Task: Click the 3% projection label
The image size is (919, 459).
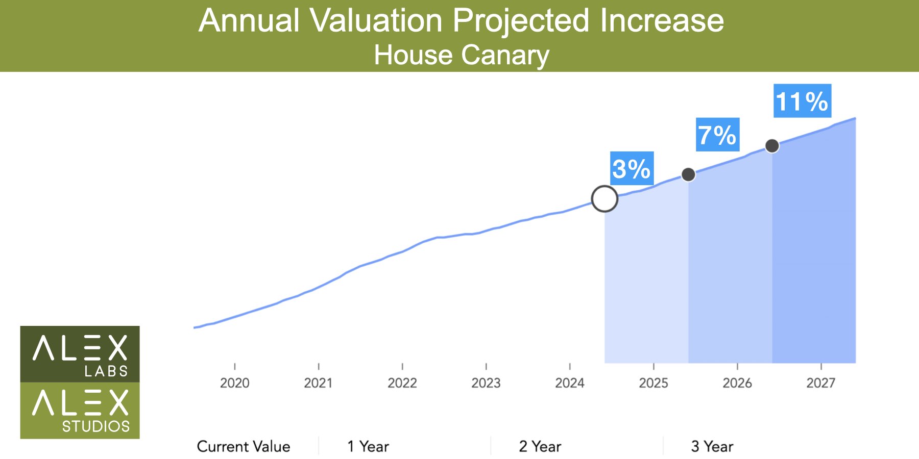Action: (632, 168)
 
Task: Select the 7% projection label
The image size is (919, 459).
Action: (717, 135)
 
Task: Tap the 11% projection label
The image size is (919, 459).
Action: (802, 101)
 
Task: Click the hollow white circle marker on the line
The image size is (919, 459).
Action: (604, 199)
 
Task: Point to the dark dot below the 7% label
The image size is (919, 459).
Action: (688, 174)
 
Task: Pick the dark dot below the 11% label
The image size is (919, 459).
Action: (772, 146)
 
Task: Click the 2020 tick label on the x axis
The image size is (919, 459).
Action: (235, 383)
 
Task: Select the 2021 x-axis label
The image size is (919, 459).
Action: (318, 383)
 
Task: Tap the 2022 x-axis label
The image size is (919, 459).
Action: (402, 383)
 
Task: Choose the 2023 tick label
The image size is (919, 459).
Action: (486, 383)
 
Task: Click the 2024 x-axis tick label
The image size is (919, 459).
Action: (570, 383)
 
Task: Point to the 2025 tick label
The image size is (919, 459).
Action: (654, 383)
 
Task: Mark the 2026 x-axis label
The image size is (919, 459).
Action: (737, 383)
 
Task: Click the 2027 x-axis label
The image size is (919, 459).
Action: (821, 383)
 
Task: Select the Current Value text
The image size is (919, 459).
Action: (244, 447)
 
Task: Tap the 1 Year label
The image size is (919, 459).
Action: (368, 447)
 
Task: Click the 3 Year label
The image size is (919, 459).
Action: (712, 447)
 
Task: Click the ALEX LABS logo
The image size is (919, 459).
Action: (80, 354)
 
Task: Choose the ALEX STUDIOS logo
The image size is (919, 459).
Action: (80, 411)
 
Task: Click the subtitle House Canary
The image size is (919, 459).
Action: (462, 55)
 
